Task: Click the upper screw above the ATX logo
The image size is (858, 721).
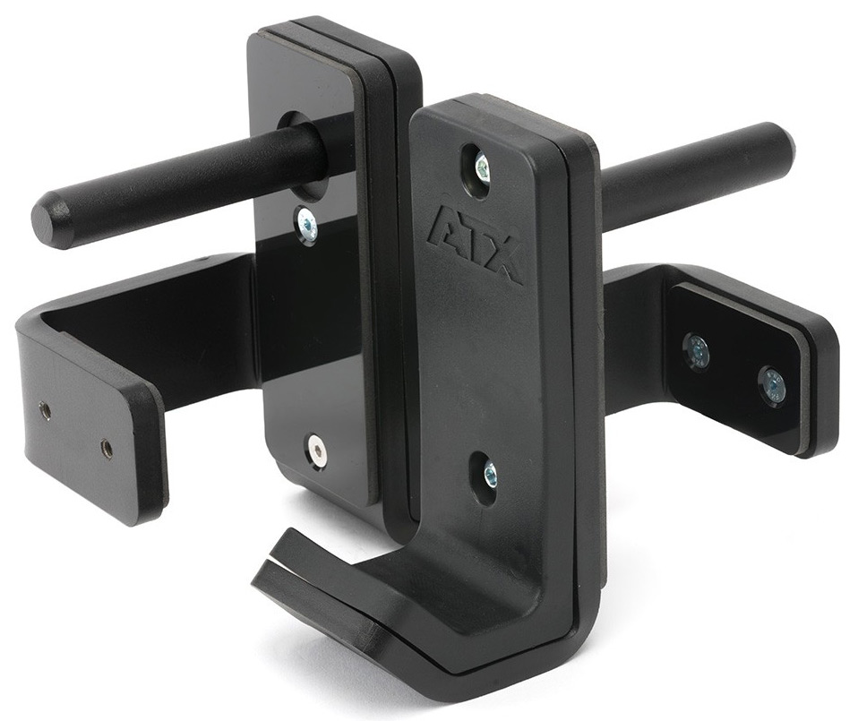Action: tap(482, 164)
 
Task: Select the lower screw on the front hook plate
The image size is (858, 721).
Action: tap(490, 470)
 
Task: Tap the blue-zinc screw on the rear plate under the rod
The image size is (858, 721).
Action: tap(306, 224)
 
